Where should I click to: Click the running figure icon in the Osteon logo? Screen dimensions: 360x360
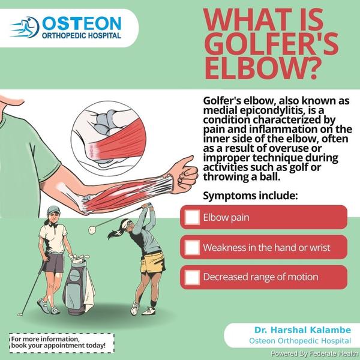[25, 27]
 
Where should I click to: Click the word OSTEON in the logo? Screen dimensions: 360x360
[82, 23]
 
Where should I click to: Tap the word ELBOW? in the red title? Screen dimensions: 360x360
[262, 68]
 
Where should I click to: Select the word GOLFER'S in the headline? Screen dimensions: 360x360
[271, 43]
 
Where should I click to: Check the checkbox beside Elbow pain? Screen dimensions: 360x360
[192, 217]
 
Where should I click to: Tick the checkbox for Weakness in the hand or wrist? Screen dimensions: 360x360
[192, 247]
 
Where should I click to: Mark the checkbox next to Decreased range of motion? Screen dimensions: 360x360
[192, 277]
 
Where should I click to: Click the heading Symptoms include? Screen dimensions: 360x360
[250, 196]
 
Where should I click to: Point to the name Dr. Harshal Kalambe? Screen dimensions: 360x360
[302, 330]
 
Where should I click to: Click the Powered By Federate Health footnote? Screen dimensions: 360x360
[314, 353]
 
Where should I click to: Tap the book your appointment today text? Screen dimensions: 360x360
[59, 346]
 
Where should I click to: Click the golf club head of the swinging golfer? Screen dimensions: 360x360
[92, 230]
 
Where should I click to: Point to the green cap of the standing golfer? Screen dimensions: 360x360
[53, 210]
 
